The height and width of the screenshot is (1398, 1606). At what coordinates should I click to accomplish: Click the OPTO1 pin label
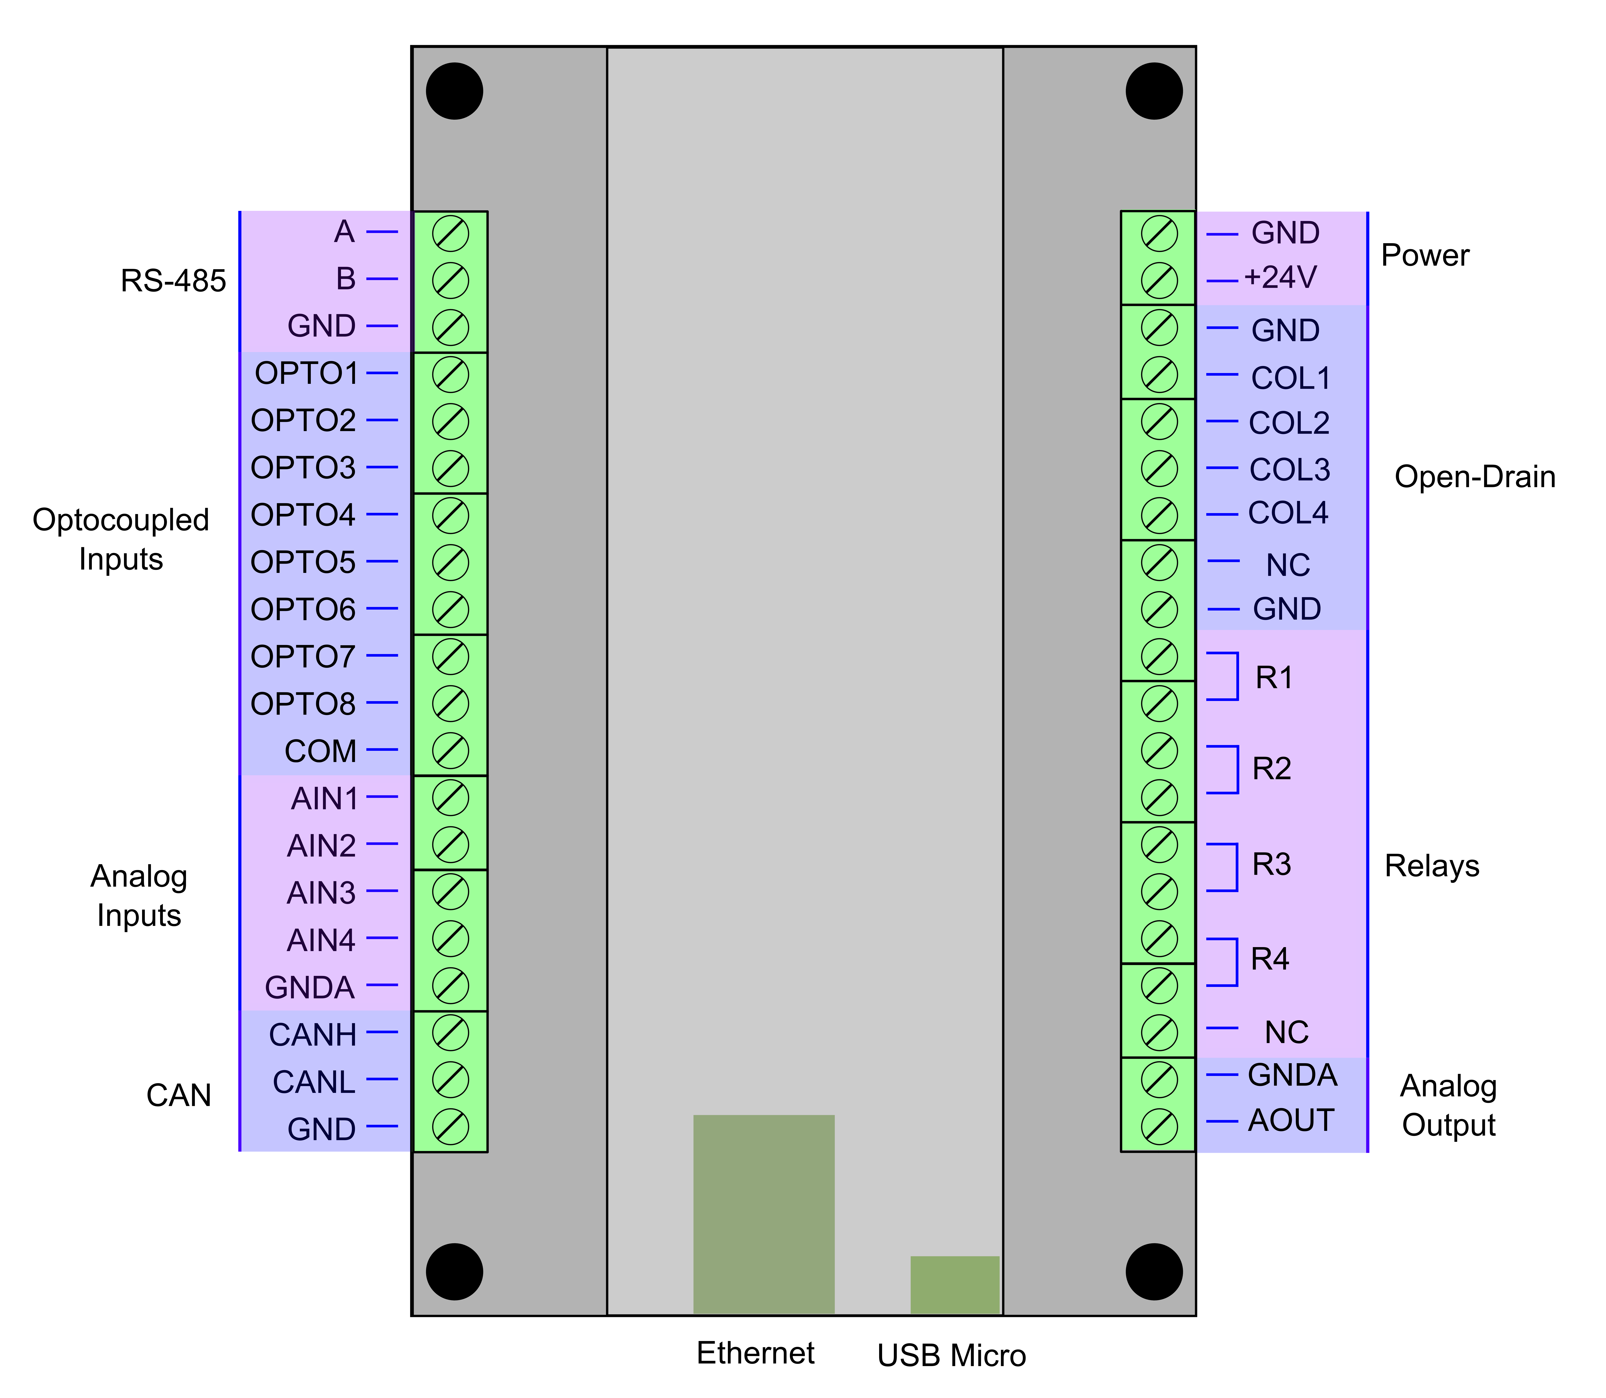[307, 374]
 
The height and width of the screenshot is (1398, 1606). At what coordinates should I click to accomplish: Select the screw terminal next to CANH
[450, 1034]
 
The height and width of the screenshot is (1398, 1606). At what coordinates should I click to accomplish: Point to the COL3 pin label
[1289, 470]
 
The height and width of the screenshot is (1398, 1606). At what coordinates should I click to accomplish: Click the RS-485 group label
[173, 281]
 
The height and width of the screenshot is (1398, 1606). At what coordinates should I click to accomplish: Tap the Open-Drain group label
[1475, 477]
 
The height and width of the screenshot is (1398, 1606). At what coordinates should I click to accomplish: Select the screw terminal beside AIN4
[450, 939]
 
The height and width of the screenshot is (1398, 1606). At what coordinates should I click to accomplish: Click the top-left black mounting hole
[455, 91]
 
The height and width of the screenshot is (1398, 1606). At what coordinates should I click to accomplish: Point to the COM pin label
[321, 751]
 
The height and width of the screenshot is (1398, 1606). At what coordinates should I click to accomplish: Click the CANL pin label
[315, 1082]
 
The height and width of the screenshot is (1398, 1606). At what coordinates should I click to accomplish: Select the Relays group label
[1432, 866]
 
